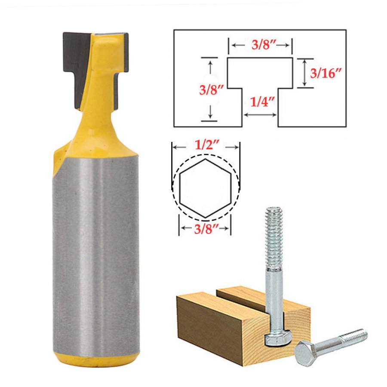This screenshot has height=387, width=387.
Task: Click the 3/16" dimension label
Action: pos(326,73)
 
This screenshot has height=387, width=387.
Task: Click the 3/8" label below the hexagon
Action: pos(206,229)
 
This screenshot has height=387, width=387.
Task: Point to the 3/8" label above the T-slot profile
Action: pos(264,45)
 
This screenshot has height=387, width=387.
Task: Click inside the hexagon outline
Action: pos(205,188)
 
